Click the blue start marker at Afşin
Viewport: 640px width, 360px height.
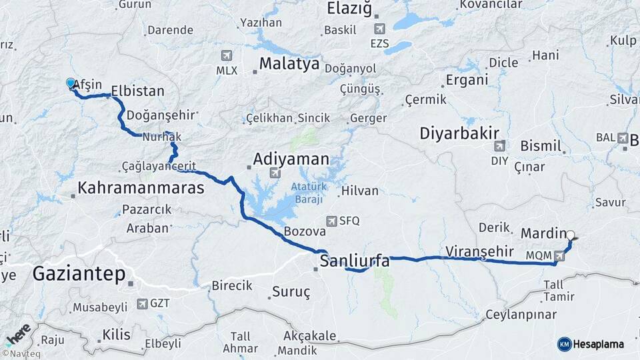coord(71,83)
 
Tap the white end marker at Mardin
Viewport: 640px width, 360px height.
coord(570,235)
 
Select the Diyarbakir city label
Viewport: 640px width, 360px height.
coord(459,133)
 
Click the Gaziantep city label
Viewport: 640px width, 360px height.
coord(79,273)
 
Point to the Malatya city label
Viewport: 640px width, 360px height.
coord(289,65)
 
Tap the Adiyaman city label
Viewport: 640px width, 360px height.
coord(291,159)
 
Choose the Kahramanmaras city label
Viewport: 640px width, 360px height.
coord(141,188)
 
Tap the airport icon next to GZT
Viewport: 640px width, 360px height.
coord(142,303)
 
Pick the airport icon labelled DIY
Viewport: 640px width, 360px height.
coord(499,145)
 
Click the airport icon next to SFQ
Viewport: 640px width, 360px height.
coord(331,221)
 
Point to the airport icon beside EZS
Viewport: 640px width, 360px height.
coord(379,29)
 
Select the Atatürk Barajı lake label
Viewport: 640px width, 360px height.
coord(307,193)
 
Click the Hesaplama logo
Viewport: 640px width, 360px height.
coord(591,344)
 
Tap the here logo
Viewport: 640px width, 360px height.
coord(18,332)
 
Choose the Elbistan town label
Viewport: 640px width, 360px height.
coord(137,90)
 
